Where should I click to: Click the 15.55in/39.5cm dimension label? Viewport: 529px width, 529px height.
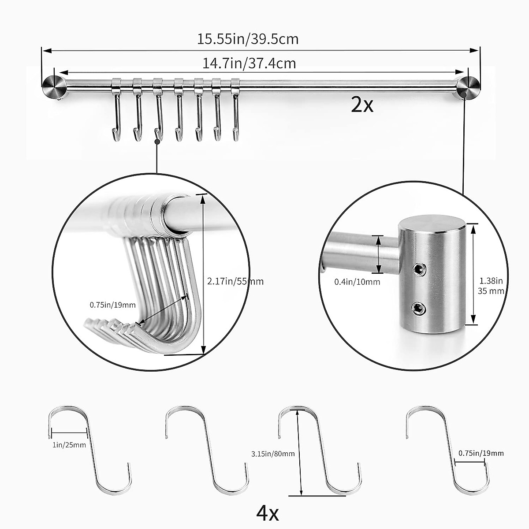(x=248, y=39)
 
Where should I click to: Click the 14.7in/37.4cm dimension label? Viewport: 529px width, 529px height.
(x=249, y=63)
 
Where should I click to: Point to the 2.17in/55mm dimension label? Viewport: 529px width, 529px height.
(x=235, y=281)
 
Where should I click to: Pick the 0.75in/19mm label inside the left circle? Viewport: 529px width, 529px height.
(x=112, y=305)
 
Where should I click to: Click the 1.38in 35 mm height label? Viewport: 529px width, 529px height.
(x=491, y=286)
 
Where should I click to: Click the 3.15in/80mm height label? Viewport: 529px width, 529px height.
(x=273, y=453)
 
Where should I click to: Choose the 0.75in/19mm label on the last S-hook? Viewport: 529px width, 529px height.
(x=481, y=453)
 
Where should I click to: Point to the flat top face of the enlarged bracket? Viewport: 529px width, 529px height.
(x=430, y=224)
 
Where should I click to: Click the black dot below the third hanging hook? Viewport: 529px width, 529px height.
(x=156, y=142)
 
